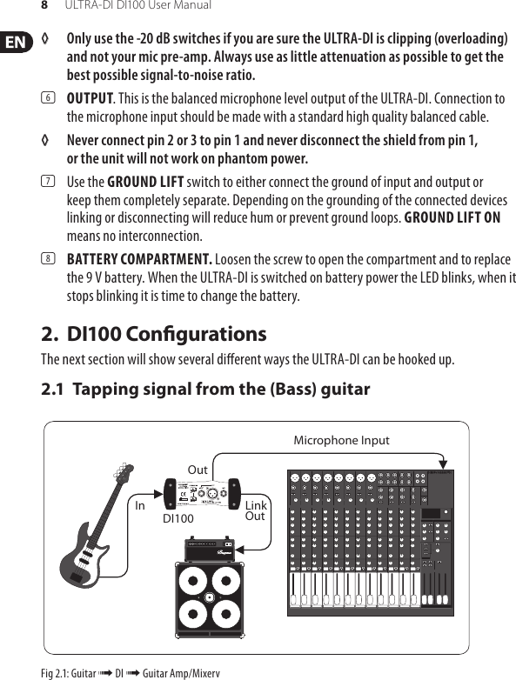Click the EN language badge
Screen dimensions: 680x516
click(15, 42)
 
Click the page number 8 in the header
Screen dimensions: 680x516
click(45, 6)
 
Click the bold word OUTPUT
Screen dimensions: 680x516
click(90, 98)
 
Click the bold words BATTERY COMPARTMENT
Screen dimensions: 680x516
click(139, 259)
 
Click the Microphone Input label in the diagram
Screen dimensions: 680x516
click(341, 441)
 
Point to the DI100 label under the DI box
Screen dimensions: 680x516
click(178, 518)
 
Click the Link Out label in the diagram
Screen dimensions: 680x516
click(256, 511)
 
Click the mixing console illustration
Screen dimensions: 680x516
click(371, 539)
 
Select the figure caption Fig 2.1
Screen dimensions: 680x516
click(131, 673)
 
